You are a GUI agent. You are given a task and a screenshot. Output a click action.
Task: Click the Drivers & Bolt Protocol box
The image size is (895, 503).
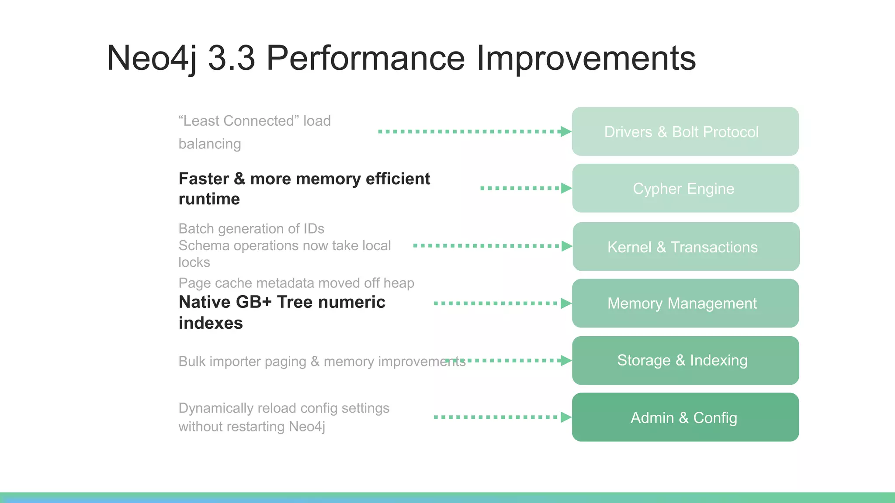click(x=685, y=131)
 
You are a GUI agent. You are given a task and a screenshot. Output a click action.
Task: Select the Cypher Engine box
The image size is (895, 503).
click(x=685, y=188)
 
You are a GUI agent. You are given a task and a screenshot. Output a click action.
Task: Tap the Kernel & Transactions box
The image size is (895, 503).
click(x=686, y=247)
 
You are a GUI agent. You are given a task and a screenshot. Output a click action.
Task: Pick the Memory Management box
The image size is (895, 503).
click(x=685, y=303)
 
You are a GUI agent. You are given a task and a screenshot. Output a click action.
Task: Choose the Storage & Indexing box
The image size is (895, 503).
click(x=685, y=361)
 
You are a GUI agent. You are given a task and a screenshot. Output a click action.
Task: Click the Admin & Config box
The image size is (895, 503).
click(x=685, y=417)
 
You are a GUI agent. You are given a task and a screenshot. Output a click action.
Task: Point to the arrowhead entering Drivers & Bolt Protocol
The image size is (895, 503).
click(x=566, y=131)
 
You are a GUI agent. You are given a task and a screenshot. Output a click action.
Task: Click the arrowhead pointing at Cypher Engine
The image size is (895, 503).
click(x=566, y=188)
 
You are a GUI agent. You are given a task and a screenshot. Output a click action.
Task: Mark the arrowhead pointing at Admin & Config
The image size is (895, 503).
click(x=566, y=417)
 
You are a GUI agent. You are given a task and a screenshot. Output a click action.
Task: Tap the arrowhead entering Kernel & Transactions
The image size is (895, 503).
click(x=566, y=246)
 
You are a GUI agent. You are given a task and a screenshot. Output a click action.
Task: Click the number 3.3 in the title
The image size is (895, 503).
click(x=231, y=58)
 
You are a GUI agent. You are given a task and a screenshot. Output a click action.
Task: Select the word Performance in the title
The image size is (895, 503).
click(x=365, y=58)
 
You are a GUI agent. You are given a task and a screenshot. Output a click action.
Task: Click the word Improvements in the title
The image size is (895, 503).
click(x=586, y=58)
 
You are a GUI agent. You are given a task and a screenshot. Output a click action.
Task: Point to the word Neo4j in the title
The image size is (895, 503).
click(x=151, y=58)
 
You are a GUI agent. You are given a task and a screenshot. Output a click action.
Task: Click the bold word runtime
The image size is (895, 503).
click(x=209, y=199)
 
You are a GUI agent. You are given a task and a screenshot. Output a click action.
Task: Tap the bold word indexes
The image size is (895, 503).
click(x=211, y=323)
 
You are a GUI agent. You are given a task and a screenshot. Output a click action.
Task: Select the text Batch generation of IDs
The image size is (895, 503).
click(x=251, y=229)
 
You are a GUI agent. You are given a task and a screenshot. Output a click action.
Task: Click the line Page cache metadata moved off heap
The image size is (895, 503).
click(x=296, y=283)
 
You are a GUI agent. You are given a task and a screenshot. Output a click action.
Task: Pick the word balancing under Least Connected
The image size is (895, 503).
click(x=210, y=144)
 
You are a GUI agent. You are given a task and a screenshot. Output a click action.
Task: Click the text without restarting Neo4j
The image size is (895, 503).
click(x=252, y=427)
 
